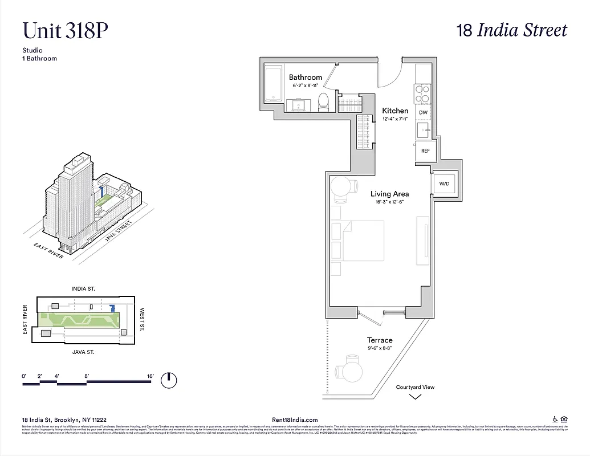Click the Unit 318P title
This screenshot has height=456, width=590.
65,30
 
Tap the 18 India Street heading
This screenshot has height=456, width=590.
512,30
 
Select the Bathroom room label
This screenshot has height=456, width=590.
306,78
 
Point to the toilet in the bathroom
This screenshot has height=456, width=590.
323,101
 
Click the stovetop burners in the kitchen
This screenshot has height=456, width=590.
422,93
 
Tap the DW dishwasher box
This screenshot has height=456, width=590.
423,113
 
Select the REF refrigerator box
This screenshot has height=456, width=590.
425,151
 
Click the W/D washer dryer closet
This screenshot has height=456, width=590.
443,184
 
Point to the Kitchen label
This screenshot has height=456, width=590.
395,111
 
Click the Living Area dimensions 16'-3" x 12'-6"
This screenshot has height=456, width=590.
390,202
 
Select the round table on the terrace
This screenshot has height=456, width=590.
349,372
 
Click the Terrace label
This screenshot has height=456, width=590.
380,340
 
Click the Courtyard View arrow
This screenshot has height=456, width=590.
416,396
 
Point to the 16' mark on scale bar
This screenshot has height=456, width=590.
150,376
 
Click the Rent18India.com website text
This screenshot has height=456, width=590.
295,420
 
